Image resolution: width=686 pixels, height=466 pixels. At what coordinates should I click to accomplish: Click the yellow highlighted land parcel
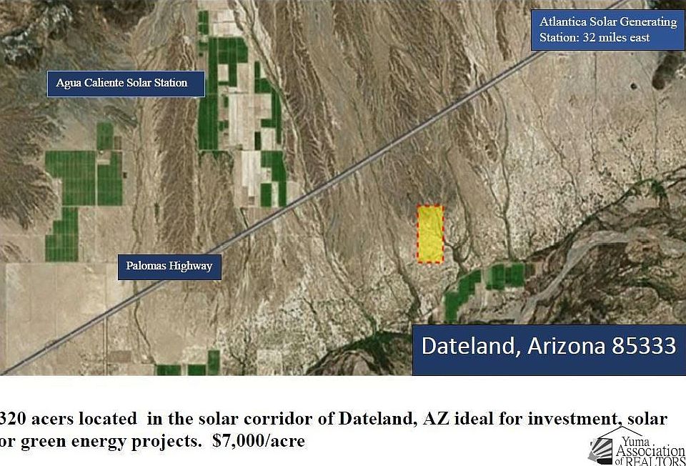(x=430, y=234)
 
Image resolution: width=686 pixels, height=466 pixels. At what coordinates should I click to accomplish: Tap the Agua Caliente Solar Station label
(x=126, y=84)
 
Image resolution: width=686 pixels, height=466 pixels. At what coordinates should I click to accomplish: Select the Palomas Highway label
(x=169, y=267)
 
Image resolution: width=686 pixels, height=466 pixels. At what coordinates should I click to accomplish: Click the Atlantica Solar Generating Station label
(x=608, y=30)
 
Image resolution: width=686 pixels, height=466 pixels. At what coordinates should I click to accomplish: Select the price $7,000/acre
(x=259, y=440)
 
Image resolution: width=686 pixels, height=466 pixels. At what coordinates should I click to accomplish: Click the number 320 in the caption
(x=12, y=419)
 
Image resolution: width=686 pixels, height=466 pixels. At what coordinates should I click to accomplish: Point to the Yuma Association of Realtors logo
(x=637, y=446)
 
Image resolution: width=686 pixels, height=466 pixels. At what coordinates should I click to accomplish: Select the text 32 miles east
(x=616, y=38)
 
